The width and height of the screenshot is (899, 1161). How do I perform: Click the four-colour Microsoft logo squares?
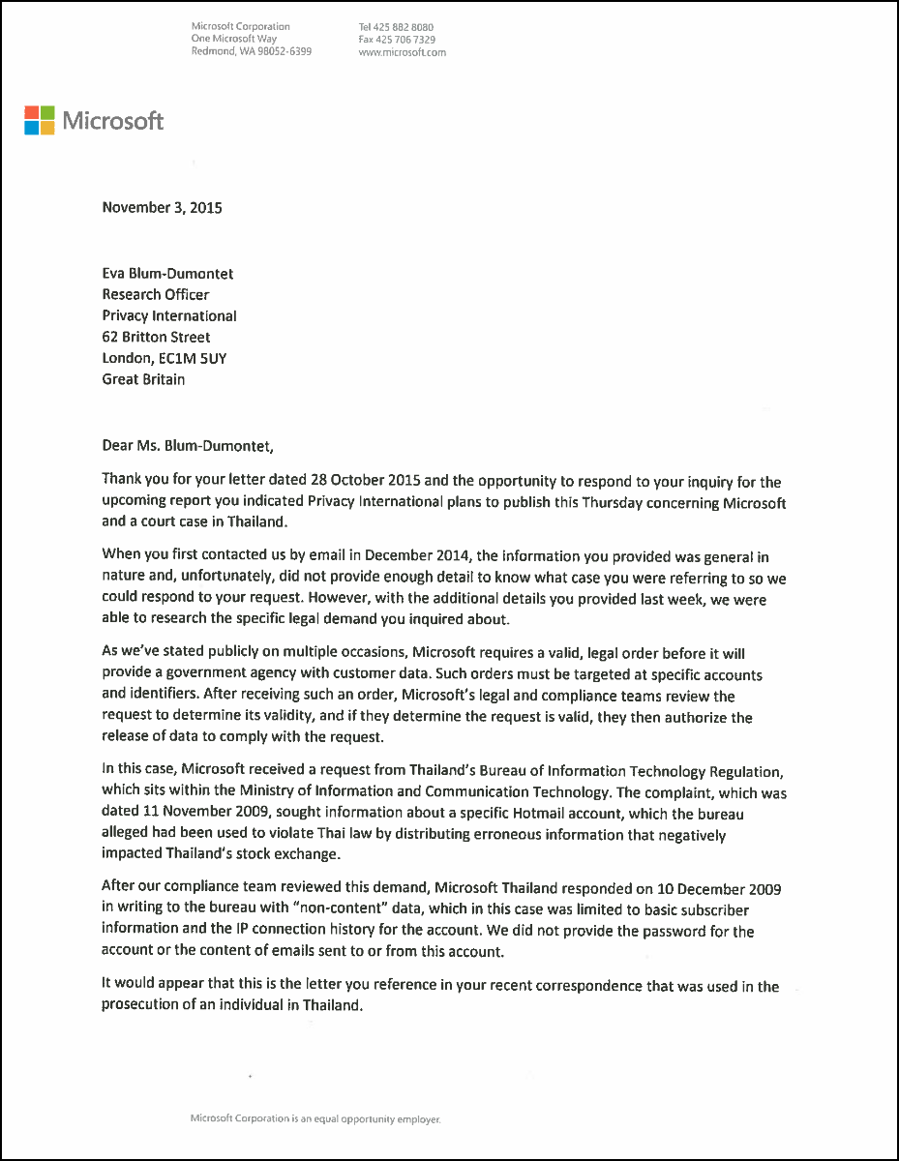coord(40,121)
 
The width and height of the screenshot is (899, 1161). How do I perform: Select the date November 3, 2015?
coord(162,207)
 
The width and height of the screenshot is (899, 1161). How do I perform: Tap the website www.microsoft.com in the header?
coord(402,52)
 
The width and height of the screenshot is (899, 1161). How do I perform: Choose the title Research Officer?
coord(156,294)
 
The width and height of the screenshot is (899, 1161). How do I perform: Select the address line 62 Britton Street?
coord(156,337)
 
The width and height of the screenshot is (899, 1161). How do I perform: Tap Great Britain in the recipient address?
coord(143,379)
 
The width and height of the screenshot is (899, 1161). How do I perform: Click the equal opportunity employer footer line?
coord(315,1118)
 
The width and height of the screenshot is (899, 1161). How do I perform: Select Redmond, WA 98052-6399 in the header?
coord(252,52)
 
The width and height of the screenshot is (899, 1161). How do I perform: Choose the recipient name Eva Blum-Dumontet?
coord(167,273)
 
